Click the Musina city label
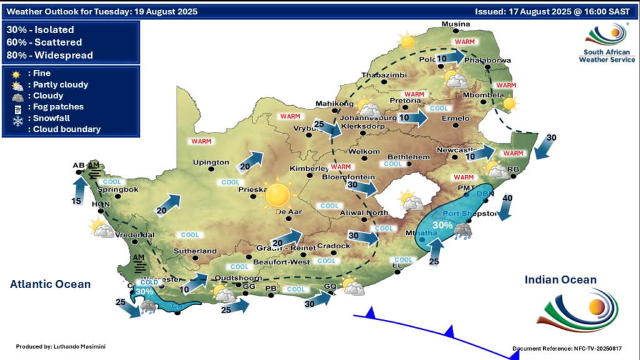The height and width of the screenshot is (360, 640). [455, 24]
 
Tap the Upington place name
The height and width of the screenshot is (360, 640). [211, 162]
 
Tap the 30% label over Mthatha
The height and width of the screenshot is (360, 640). [442, 225]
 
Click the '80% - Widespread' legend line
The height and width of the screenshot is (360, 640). [50, 55]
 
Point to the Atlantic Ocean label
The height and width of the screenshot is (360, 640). [50, 284]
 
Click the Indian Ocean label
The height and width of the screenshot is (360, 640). [561, 280]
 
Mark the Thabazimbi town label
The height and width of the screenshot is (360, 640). [384, 76]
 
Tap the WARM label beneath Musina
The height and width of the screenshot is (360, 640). [465, 42]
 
